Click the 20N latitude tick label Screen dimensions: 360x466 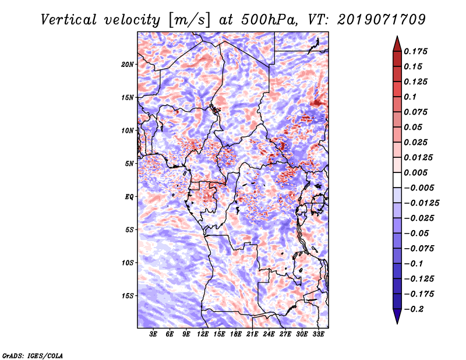[x=128, y=64]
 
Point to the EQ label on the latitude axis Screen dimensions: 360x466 [x=129, y=196]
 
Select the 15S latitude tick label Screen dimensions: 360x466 [x=128, y=295]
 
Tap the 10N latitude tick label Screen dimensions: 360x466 [x=128, y=130]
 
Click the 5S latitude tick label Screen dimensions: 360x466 [x=129, y=230]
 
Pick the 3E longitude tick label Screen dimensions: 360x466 [x=154, y=335]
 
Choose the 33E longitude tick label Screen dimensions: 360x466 [x=318, y=335]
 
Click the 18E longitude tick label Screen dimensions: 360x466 [x=236, y=335]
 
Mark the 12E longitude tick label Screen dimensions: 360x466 [x=203, y=335]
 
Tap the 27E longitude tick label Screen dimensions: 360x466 [x=285, y=335]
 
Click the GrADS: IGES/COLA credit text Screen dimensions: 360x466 [x=33, y=355]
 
